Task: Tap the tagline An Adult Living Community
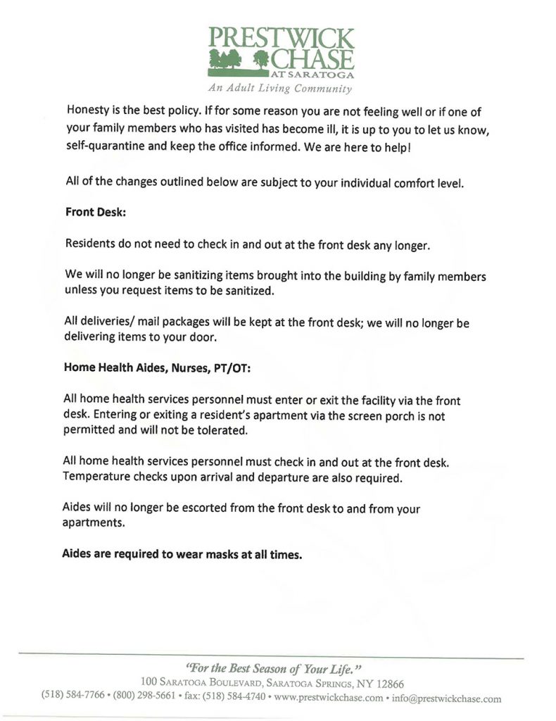coord(279,89)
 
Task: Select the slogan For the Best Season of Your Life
coord(274,667)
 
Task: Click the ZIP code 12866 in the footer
coord(388,684)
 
